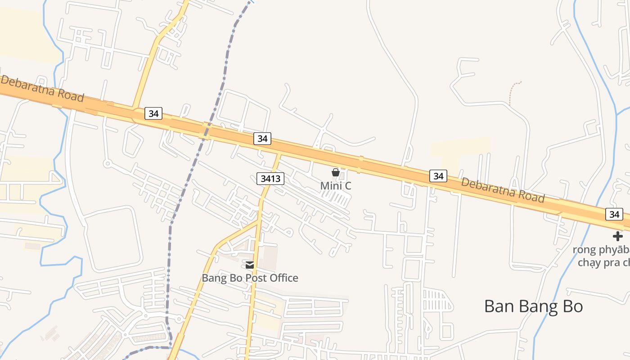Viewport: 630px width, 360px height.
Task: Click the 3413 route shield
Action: pyautogui.click(x=270, y=179)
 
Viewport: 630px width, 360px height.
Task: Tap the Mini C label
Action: pyautogui.click(x=335, y=185)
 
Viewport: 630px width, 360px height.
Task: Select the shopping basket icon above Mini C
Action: pyautogui.click(x=335, y=172)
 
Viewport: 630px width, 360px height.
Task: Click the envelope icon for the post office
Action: pyautogui.click(x=250, y=265)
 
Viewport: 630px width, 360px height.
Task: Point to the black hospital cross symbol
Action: pyautogui.click(x=618, y=236)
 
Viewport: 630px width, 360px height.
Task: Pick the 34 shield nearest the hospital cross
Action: pyautogui.click(x=614, y=214)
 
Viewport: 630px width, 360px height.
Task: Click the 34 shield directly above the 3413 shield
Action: pyautogui.click(x=262, y=139)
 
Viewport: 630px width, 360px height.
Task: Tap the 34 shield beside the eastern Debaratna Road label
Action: pyautogui.click(x=438, y=176)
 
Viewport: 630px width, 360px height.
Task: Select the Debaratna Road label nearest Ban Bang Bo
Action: pyautogui.click(x=503, y=190)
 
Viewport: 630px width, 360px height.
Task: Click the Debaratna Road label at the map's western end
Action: pyautogui.click(x=42, y=89)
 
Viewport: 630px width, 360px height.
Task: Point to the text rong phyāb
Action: pyautogui.click(x=601, y=249)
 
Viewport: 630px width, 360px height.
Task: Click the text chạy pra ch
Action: pyautogui.click(x=603, y=262)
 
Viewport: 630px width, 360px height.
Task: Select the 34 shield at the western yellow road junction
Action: pyautogui.click(x=153, y=113)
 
